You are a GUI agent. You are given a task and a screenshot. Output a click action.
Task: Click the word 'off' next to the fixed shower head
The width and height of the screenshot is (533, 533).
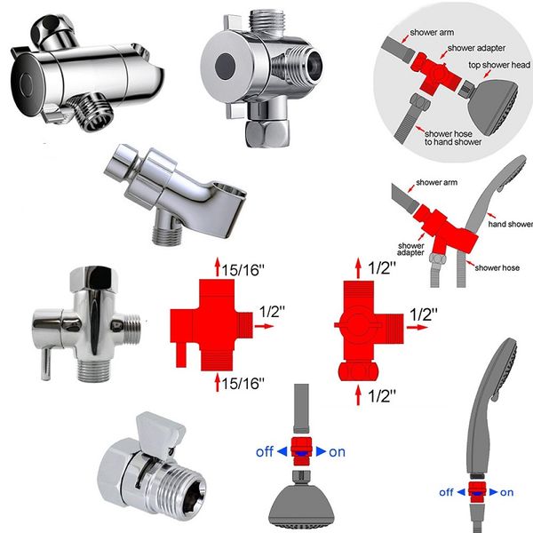[264, 451]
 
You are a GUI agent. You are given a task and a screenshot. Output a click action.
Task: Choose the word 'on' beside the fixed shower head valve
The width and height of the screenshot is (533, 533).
[337, 451]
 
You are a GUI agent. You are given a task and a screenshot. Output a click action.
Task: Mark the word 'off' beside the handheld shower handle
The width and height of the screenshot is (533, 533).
[446, 491]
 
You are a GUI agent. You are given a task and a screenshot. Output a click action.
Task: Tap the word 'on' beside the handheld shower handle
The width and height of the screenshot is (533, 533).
[506, 491]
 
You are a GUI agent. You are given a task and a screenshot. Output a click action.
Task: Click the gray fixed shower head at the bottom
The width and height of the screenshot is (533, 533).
[302, 500]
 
